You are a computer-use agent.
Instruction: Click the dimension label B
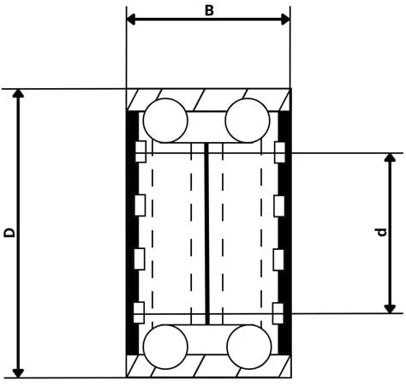[x=209, y=11]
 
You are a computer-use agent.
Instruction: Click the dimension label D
[x=9, y=233]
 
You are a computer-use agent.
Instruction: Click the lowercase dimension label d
[x=381, y=232]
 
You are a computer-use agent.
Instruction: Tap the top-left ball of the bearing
[x=165, y=121]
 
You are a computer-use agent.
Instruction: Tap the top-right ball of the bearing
[x=248, y=121]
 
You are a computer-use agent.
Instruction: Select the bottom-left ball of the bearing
[x=165, y=347]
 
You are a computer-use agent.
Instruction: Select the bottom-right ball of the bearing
[x=249, y=347]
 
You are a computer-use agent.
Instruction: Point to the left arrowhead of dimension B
[x=131, y=20]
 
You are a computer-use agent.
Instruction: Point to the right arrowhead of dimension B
[x=285, y=20]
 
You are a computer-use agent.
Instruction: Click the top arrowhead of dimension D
[x=18, y=93]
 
